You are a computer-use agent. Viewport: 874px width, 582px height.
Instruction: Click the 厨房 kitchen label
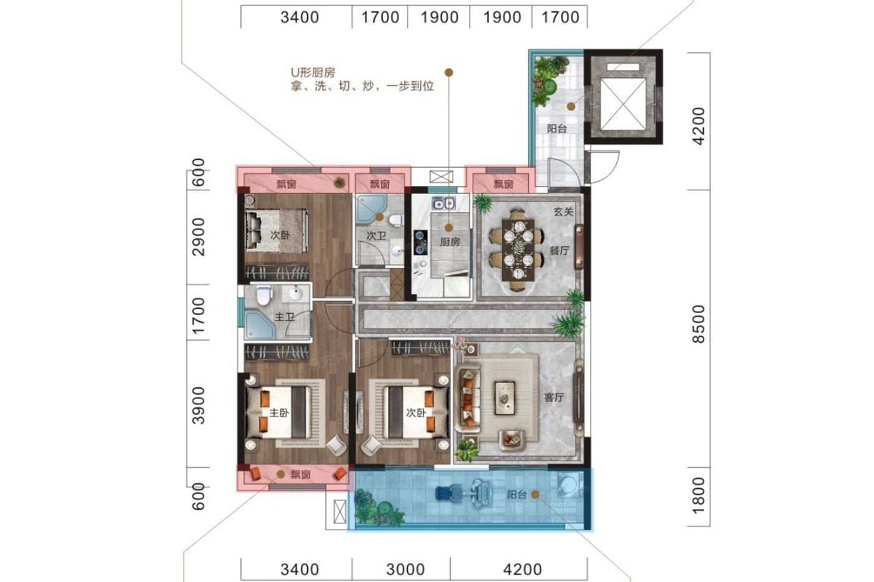[x=449, y=241]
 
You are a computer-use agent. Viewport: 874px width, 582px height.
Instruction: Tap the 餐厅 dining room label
[x=559, y=251]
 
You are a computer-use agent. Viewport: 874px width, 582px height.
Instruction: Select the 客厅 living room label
[x=554, y=397]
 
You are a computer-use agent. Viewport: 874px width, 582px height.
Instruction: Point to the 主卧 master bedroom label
[x=280, y=412]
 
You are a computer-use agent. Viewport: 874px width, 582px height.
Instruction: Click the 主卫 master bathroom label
[x=285, y=317]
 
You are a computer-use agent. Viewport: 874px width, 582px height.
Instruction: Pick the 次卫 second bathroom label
[x=376, y=235]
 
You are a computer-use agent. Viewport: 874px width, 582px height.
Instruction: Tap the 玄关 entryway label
[x=563, y=211]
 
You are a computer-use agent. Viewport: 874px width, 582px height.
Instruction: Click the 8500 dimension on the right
[x=699, y=324]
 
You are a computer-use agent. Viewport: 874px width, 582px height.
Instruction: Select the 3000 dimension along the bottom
[x=405, y=570]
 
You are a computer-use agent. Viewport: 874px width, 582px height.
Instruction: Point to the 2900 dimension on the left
[x=199, y=236]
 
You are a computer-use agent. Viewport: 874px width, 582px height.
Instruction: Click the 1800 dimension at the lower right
[x=699, y=496]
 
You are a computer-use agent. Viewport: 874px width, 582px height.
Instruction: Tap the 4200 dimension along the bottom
[x=523, y=570]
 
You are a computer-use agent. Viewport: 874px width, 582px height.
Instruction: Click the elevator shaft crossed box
[x=623, y=104]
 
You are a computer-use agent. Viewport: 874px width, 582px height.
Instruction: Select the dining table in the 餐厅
[x=518, y=250]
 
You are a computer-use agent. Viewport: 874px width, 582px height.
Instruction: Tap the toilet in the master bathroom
[x=263, y=295]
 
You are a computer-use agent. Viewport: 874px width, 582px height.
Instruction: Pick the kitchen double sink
[x=444, y=203]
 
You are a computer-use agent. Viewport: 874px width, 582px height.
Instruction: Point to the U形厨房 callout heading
[x=313, y=72]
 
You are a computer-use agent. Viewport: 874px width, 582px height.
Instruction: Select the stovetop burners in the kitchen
[x=421, y=242]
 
